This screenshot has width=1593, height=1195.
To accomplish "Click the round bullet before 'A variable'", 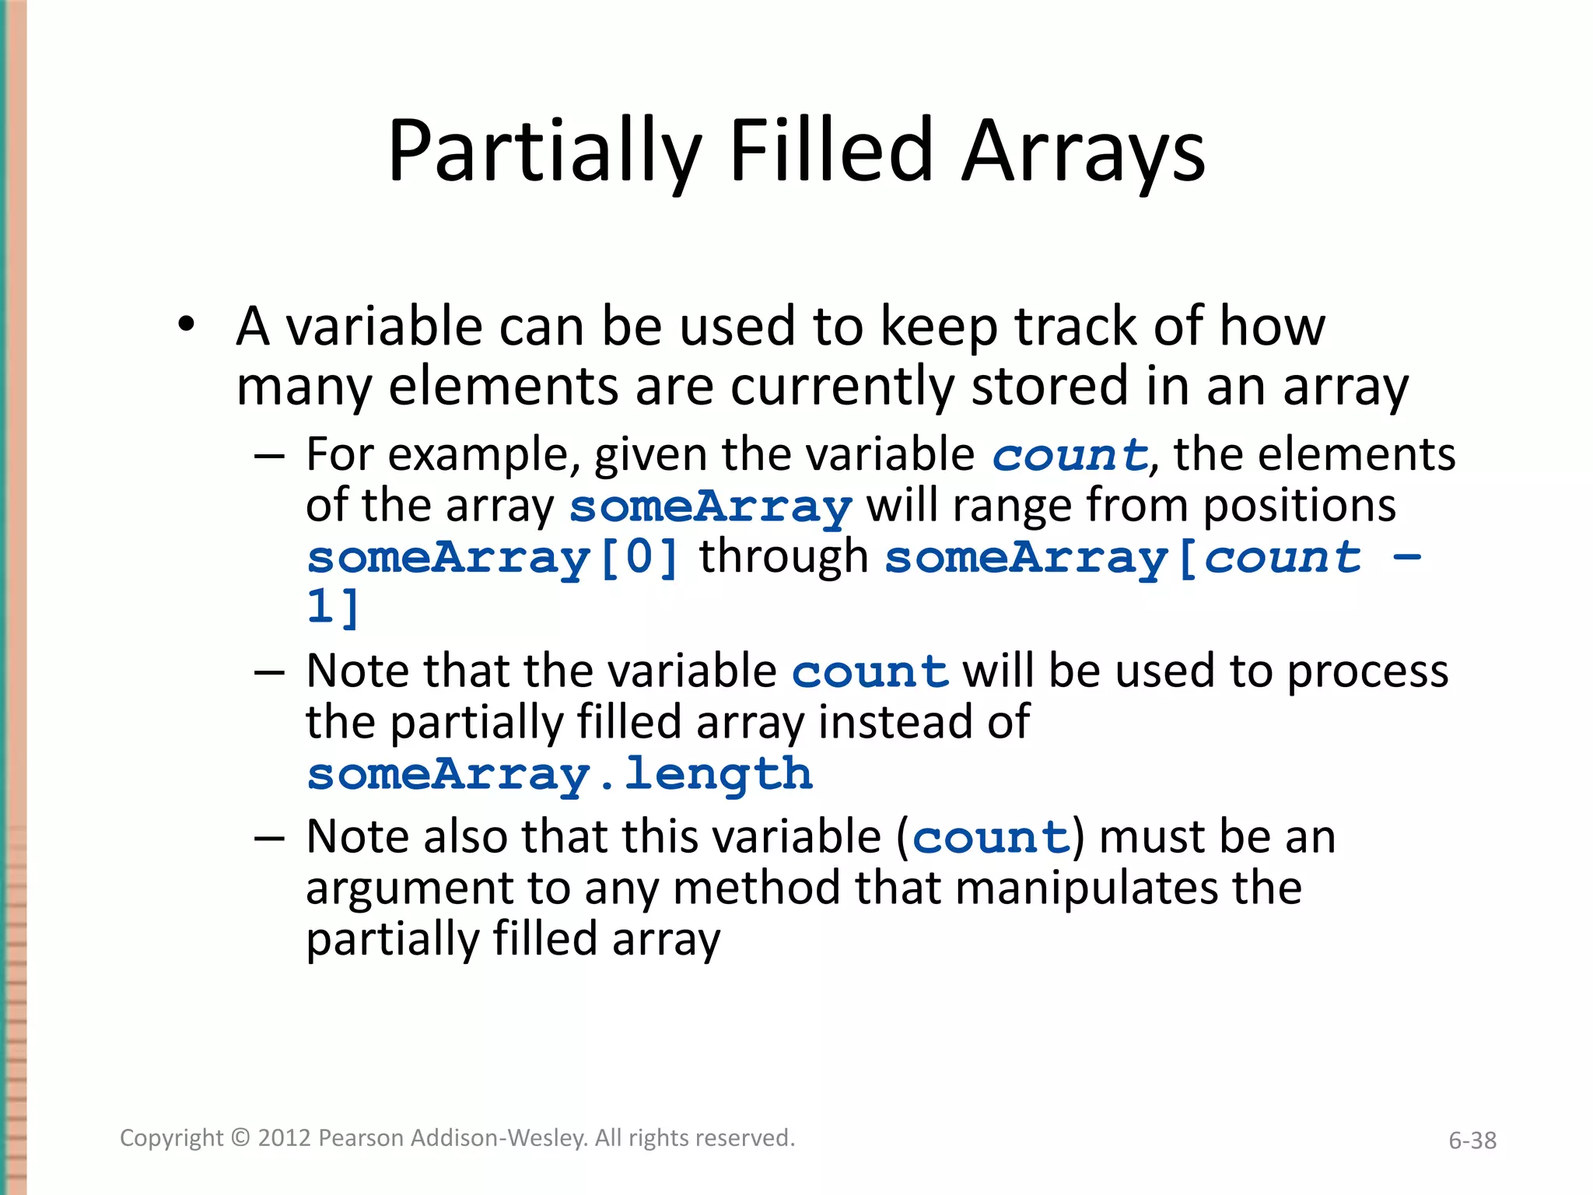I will [x=185, y=324].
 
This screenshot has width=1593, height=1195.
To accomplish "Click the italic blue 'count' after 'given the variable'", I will [x=1070, y=455].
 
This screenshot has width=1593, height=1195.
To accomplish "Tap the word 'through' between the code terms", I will [x=783, y=557].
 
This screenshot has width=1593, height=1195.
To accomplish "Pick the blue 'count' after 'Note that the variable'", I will [x=870, y=671].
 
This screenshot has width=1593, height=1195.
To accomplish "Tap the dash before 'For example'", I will [x=269, y=455].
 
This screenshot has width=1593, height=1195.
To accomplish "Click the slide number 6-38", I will [x=1472, y=1141].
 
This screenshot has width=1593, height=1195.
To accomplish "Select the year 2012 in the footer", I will [x=285, y=1138].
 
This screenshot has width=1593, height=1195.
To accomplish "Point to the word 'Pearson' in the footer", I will [x=361, y=1138].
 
